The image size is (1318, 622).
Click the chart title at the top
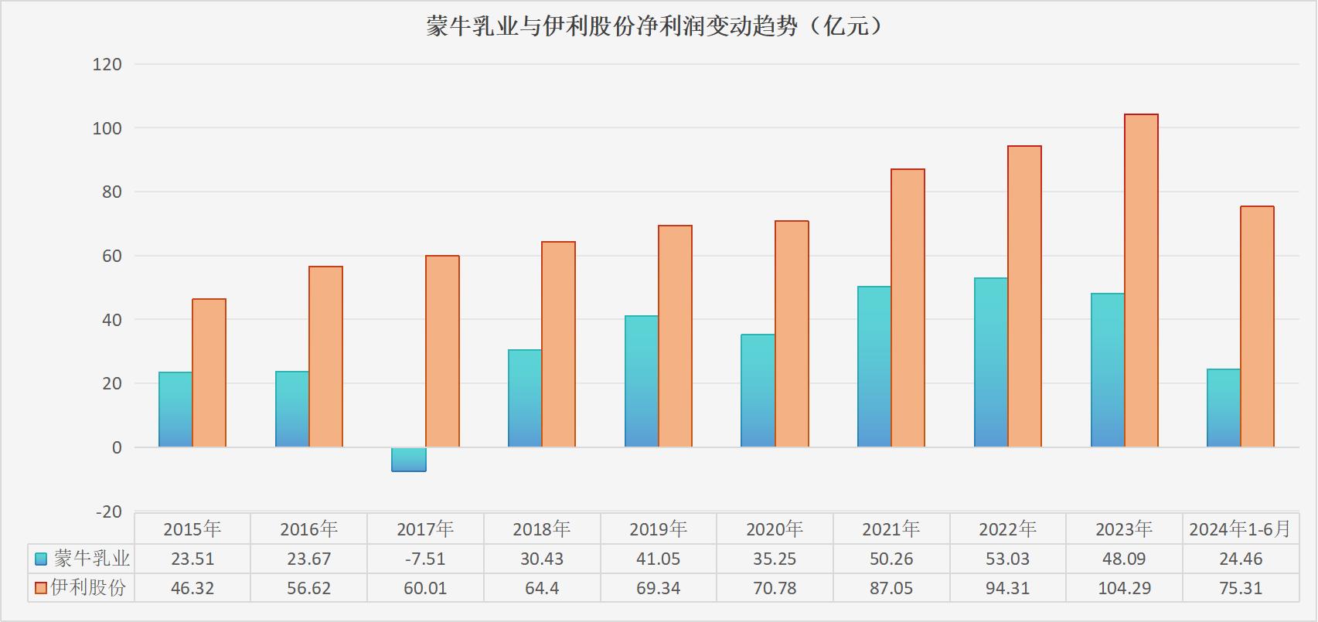tap(654, 27)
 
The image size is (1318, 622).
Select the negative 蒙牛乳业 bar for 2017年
tap(408, 460)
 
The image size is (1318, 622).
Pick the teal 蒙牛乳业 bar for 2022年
tap(990, 362)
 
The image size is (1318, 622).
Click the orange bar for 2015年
tap(209, 373)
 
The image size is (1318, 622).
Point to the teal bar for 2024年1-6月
tap(1223, 408)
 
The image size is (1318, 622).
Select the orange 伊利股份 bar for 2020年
tap(792, 334)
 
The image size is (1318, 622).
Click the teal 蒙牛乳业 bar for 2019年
tap(641, 382)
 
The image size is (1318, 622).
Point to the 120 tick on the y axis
tap(107, 65)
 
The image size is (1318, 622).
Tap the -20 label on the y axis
tap(108, 512)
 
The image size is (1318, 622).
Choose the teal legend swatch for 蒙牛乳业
tap(42, 559)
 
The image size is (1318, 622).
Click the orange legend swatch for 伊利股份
tap(42, 588)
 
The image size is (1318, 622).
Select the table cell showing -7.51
tap(425, 559)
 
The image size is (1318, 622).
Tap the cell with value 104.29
tap(1124, 588)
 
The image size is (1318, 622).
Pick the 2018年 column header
tap(541, 529)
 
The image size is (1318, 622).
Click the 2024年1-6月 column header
tap(1240, 529)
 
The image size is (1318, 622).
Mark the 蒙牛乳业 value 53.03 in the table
tap(1007, 559)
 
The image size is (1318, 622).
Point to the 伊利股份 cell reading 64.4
tap(541, 588)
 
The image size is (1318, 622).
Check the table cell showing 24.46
tap(1240, 559)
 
